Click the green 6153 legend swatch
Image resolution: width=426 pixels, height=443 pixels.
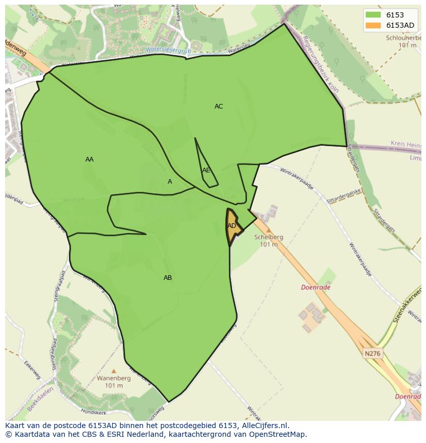pyautogui.click(x=373, y=15)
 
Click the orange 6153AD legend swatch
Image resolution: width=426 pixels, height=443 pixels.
pyautogui.click(x=373, y=25)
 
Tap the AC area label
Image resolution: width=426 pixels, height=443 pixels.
pyautogui.click(x=219, y=107)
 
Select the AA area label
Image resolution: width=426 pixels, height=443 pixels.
pyautogui.click(x=90, y=160)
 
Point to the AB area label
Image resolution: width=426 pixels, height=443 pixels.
pyautogui.click(x=168, y=278)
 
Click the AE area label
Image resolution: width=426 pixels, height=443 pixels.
pyautogui.click(x=206, y=170)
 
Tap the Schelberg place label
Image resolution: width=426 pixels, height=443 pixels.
pyautogui.click(x=269, y=237)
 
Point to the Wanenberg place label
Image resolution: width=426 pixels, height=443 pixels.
pyautogui.click(x=114, y=378)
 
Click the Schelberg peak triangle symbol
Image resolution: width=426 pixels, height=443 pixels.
pyautogui.click(x=268, y=230)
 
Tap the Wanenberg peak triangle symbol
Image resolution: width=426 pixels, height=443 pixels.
pyautogui.click(x=114, y=370)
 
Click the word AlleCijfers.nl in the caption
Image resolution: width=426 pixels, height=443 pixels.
pyautogui.click(x=266, y=426)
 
